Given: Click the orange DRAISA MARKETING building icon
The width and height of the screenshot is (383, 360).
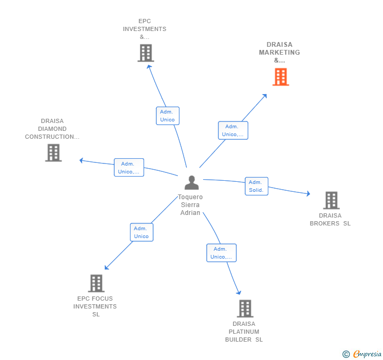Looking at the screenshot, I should (280, 77).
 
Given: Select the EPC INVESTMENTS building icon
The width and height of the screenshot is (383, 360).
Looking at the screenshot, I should (146, 53).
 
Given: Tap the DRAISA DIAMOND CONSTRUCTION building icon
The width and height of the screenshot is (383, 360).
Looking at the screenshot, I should (53, 153).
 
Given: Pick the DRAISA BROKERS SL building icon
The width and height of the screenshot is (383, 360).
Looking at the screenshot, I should (331, 200).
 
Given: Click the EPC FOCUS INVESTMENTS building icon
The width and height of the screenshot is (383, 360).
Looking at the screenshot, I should (96, 283).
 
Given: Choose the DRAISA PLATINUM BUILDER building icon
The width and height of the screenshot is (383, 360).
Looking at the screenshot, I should (245, 308).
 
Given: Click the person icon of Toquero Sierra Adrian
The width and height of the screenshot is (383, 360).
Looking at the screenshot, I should (191, 182).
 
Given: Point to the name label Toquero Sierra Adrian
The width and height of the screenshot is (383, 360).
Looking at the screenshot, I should (190, 205).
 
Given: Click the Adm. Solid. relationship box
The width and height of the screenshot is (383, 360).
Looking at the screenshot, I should (256, 186).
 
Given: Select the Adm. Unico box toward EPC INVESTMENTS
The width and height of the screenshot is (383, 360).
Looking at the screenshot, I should (167, 116).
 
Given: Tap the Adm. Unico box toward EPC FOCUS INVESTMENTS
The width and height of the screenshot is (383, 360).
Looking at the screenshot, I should (142, 232).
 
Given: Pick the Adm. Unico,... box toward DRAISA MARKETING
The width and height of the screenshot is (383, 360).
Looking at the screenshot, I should (233, 130).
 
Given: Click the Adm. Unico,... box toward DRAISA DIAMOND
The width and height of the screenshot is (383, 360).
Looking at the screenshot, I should (129, 168).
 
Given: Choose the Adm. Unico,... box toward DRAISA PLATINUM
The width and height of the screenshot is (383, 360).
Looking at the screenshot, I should (221, 253).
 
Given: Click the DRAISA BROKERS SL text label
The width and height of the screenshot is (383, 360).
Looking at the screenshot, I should (330, 220).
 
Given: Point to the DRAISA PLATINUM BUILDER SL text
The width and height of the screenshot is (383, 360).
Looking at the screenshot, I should (244, 332).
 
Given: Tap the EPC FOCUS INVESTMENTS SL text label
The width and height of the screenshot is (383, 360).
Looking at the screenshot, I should (95, 306).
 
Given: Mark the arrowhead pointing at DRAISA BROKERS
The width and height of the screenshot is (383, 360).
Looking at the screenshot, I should (308, 194).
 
